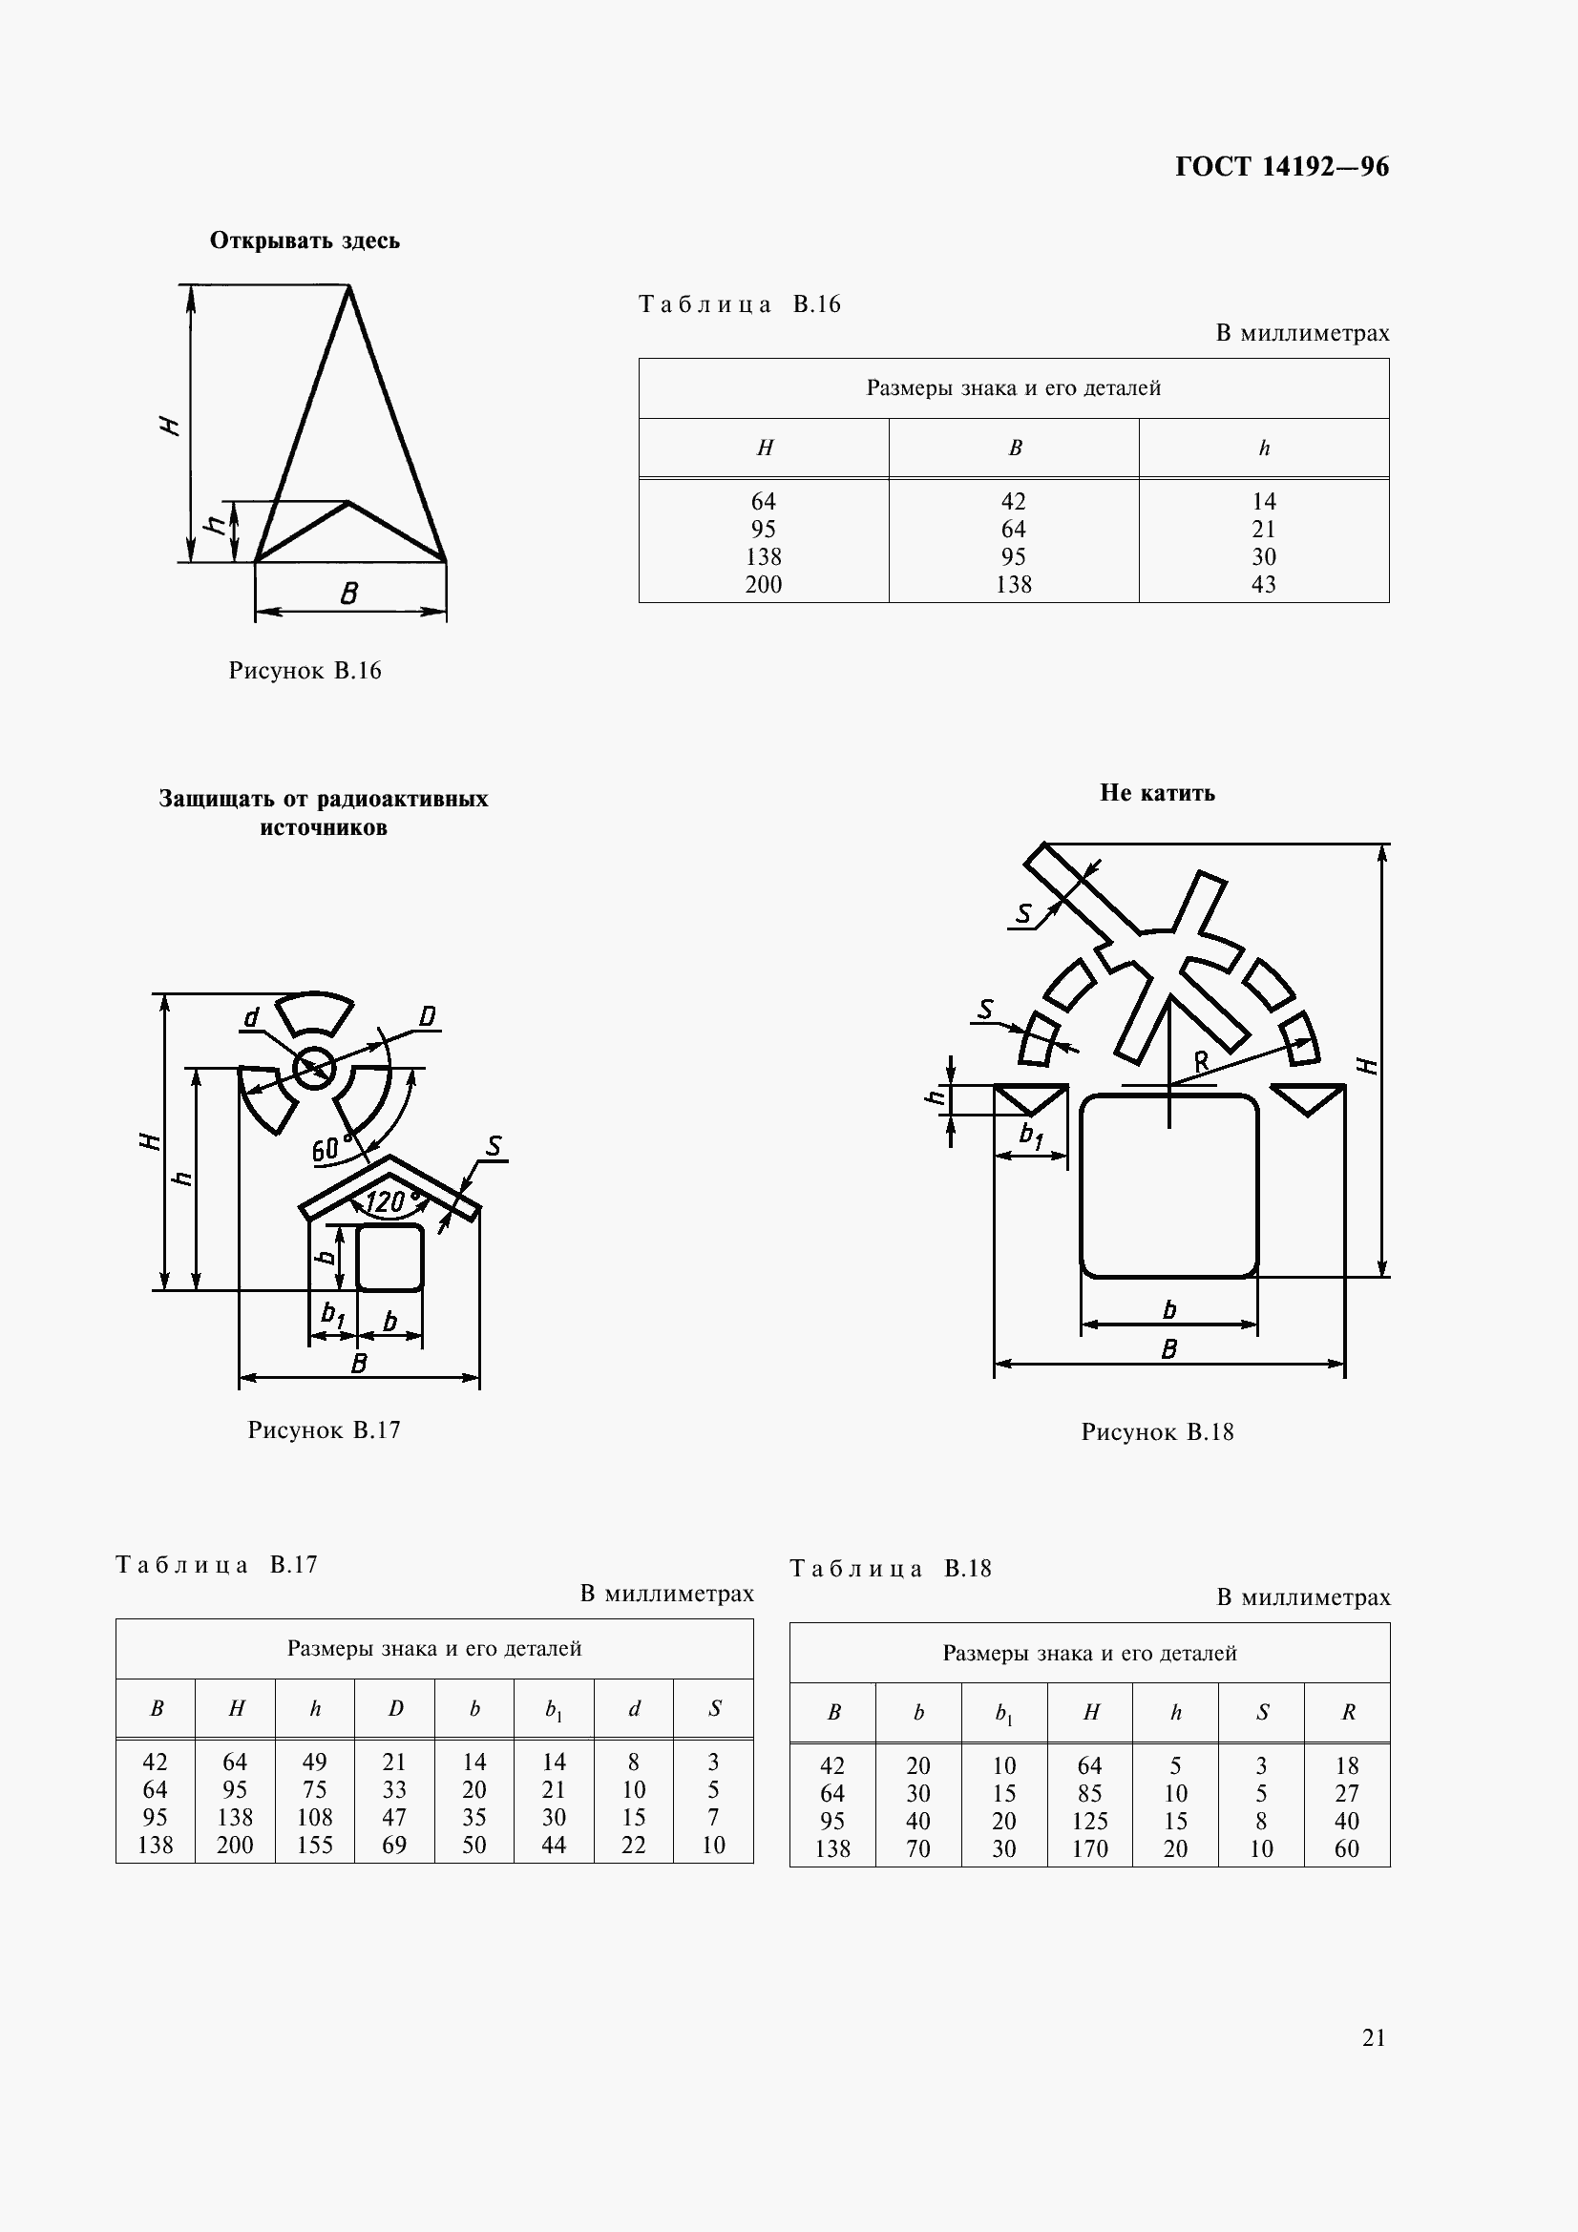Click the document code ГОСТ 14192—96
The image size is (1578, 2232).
1281,167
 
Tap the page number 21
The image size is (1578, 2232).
1374,2037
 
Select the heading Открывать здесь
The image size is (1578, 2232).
305,240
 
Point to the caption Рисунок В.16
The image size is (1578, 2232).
305,671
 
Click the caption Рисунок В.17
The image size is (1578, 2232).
324,1430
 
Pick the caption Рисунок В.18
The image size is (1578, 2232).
1157,1432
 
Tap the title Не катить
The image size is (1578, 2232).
1157,793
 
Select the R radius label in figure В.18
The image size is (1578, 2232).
1202,1061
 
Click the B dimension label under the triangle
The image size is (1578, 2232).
349,593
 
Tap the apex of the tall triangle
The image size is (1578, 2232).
349,287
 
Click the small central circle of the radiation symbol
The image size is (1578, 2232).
314,1070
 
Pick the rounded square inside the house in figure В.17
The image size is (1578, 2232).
389,1258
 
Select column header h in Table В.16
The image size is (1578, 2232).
1264,448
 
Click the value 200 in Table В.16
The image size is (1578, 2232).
764,584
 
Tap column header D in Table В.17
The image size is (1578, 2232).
395,1708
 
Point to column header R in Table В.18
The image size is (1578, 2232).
1348,1712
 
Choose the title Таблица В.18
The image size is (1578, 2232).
890,1568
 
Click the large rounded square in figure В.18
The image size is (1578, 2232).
1168,1186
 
